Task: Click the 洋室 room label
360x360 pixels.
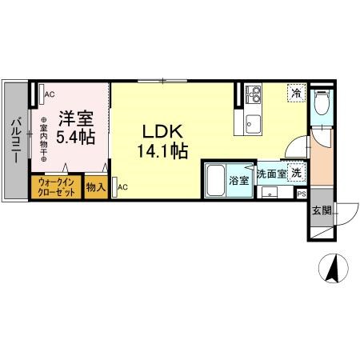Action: pyautogui.click(x=76, y=118)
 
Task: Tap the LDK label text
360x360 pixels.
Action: pyautogui.click(x=162, y=131)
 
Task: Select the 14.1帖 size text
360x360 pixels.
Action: pyautogui.click(x=162, y=151)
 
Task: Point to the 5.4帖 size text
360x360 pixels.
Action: pyautogui.click(x=76, y=137)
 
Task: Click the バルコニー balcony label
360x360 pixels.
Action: pyautogui.click(x=15, y=141)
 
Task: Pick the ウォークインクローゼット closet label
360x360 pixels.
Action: pyautogui.click(x=56, y=187)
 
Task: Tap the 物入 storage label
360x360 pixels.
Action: pyautogui.click(x=96, y=187)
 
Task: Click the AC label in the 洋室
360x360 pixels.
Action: pyautogui.click(x=50, y=94)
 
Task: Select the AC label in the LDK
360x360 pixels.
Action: pyautogui.click(x=122, y=187)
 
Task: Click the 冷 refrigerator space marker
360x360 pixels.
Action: pyautogui.click(x=296, y=93)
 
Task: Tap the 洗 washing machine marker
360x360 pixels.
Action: pyautogui.click(x=296, y=174)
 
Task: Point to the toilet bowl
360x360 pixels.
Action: pyautogui.click(x=322, y=102)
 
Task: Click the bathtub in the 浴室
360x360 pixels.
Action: pyautogui.click(x=215, y=180)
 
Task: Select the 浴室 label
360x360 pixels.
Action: pyautogui.click(x=239, y=181)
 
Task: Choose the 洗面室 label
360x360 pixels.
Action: pyautogui.click(x=271, y=174)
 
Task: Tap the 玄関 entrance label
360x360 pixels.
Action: pyautogui.click(x=322, y=210)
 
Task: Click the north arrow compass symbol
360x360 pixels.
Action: pyautogui.click(x=334, y=267)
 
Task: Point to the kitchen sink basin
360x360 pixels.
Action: pyautogui.click(x=254, y=125)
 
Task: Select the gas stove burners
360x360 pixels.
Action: pyautogui.click(x=254, y=94)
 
